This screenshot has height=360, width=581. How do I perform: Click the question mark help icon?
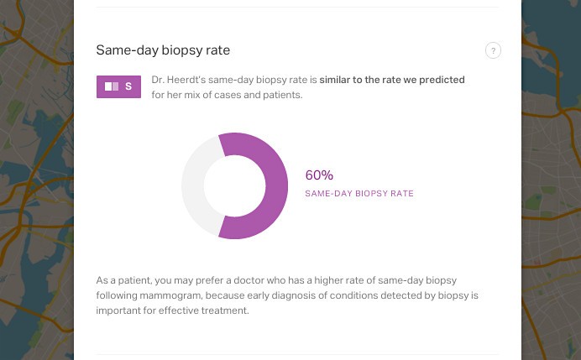493,50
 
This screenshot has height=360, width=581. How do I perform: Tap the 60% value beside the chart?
319,175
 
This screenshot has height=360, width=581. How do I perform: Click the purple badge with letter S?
118,86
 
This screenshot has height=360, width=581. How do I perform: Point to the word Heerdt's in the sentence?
186,80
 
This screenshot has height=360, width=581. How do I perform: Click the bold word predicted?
442,80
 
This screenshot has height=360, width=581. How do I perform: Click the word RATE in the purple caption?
402,193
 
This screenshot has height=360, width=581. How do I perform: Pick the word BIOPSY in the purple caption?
371,193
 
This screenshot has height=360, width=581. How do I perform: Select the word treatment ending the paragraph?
224,310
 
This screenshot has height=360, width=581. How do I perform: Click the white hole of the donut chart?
234,186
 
